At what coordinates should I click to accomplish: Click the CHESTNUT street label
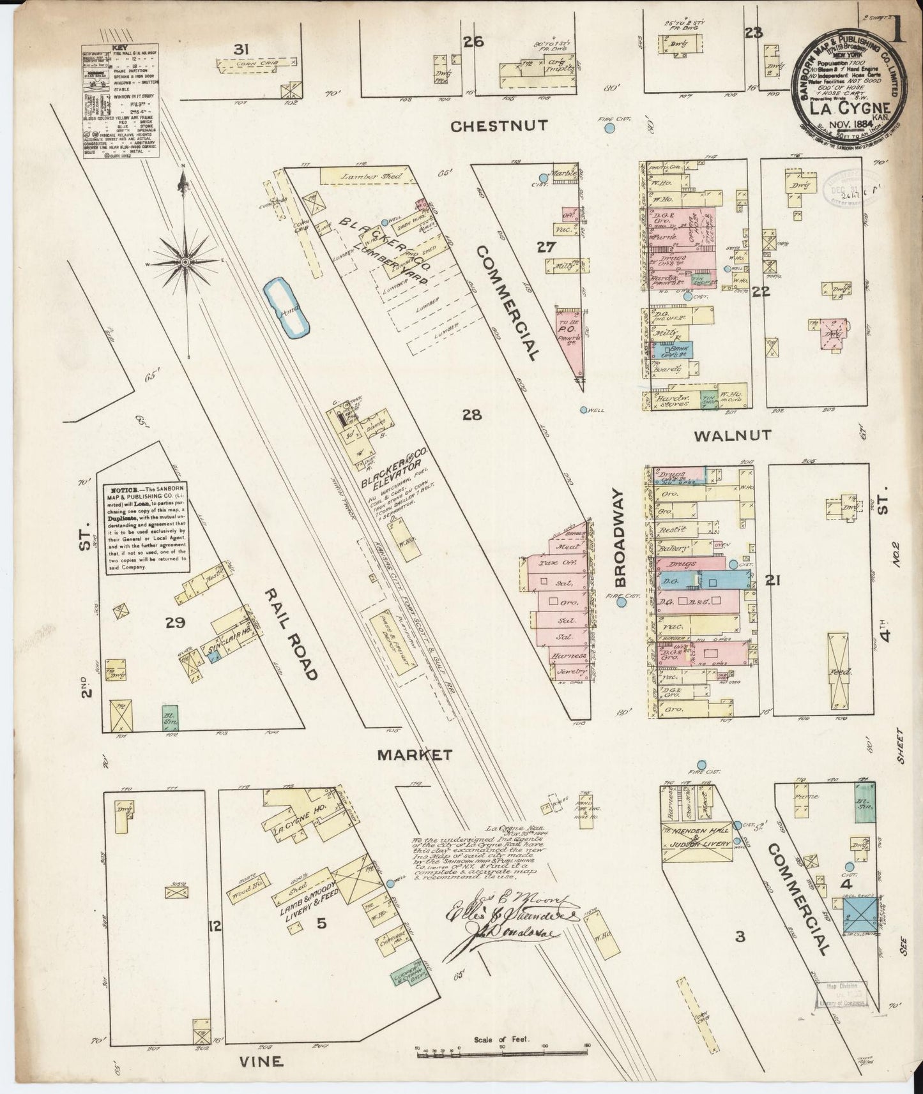(x=498, y=126)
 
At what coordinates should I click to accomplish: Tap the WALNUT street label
(x=732, y=436)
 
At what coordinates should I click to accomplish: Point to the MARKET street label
(x=415, y=755)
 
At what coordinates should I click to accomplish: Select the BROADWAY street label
(x=621, y=538)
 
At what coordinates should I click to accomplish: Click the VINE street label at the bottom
(x=261, y=1061)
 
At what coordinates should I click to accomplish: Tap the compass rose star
(x=185, y=262)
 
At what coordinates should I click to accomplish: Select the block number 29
(x=175, y=622)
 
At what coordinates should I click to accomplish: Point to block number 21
(x=774, y=580)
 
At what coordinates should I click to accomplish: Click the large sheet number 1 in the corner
(x=899, y=29)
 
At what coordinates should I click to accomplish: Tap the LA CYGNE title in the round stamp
(x=850, y=107)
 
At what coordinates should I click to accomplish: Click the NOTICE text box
(x=146, y=527)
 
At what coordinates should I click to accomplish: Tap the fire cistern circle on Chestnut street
(x=610, y=128)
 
